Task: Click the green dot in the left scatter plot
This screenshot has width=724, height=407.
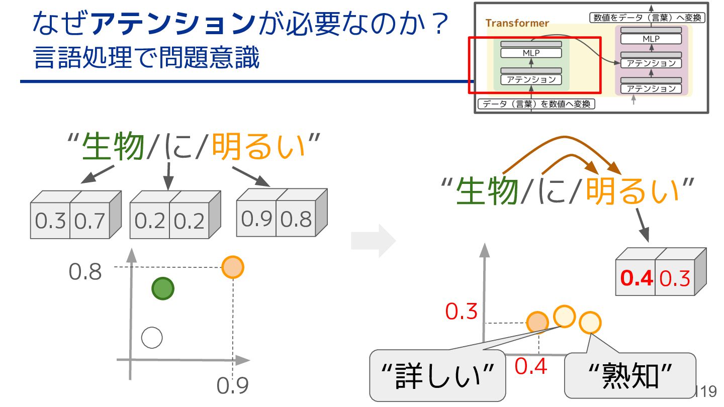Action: click(162, 289)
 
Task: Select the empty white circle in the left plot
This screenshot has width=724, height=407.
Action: click(152, 338)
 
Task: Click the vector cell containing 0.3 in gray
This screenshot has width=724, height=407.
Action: click(50, 221)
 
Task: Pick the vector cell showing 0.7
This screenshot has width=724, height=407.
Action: click(89, 221)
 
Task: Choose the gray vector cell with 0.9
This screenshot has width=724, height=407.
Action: click(257, 219)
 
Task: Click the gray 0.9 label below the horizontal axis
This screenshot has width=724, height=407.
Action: click(233, 386)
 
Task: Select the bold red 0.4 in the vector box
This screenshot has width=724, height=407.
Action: click(637, 278)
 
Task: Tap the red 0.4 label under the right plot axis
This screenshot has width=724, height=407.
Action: click(531, 367)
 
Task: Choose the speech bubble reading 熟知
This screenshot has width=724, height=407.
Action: click(630, 375)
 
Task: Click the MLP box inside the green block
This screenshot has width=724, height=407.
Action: click(531, 53)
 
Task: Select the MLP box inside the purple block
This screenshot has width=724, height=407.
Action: click(651, 39)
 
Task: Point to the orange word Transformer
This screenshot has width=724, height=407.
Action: click(517, 23)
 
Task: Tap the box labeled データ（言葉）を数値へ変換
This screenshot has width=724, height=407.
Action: click(536, 105)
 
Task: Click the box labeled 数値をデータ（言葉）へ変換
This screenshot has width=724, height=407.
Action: click(647, 18)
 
